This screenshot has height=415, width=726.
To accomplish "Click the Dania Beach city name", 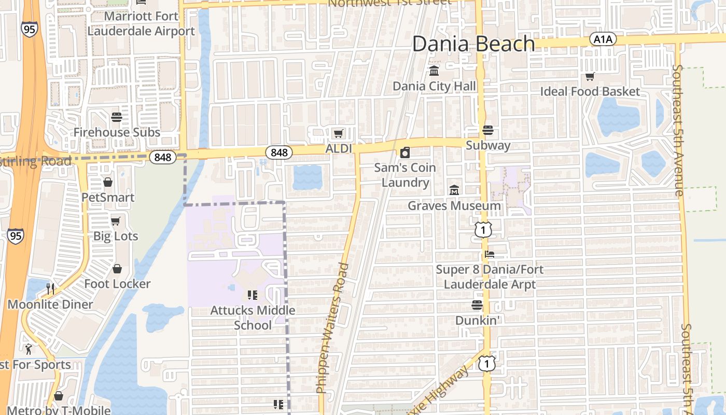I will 473,44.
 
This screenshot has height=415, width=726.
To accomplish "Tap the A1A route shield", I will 603,39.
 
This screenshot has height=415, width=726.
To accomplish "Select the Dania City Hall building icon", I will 434,70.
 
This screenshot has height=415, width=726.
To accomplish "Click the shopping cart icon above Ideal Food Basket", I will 590,77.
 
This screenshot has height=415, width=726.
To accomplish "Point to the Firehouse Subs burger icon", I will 116,117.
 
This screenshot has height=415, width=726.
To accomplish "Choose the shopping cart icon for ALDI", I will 338,134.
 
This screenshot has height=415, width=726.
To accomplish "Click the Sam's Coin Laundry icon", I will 405,153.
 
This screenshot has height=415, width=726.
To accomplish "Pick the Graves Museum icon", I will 454,190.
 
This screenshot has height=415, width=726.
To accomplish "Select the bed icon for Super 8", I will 490,254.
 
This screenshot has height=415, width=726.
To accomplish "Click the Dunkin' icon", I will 477,305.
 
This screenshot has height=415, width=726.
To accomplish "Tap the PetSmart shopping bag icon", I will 108,182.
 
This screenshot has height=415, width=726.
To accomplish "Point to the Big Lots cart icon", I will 116,221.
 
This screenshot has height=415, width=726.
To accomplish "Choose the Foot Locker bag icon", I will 117,269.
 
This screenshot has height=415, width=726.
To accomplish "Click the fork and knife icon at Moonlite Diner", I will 50,288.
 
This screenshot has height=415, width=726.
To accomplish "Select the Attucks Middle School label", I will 253,317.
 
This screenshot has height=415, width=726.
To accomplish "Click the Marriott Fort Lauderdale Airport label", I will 141,23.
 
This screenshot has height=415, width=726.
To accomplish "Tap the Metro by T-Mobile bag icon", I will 59,396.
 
